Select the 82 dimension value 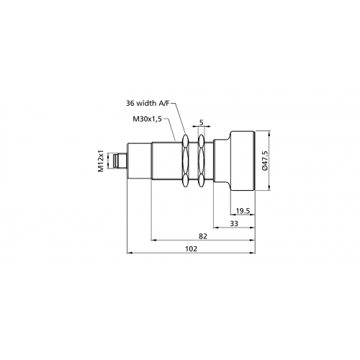coord(203,235)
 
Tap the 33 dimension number coord(234,224)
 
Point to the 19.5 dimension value coord(243,211)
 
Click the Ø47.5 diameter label coord(266,162)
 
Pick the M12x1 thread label coord(102,161)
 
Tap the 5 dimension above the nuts coord(201,122)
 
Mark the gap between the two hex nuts coord(197,161)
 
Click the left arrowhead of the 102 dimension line coord(128,252)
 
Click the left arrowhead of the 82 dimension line coord(153,240)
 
